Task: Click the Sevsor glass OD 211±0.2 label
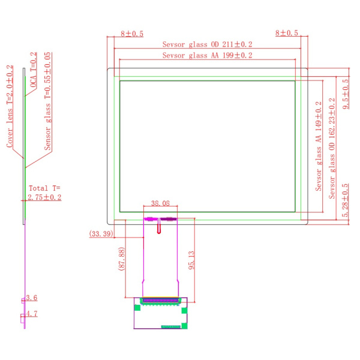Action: [207, 44]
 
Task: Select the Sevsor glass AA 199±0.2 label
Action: [207, 55]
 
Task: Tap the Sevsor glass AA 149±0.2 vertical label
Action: [319, 146]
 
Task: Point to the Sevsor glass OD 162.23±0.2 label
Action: [332, 148]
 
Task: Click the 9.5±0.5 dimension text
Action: [346, 94]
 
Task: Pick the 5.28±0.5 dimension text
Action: [345, 200]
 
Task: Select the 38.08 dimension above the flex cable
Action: [160, 203]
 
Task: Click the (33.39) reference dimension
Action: [101, 234]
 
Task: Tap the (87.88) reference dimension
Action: [121, 259]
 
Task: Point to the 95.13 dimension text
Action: [191, 260]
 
